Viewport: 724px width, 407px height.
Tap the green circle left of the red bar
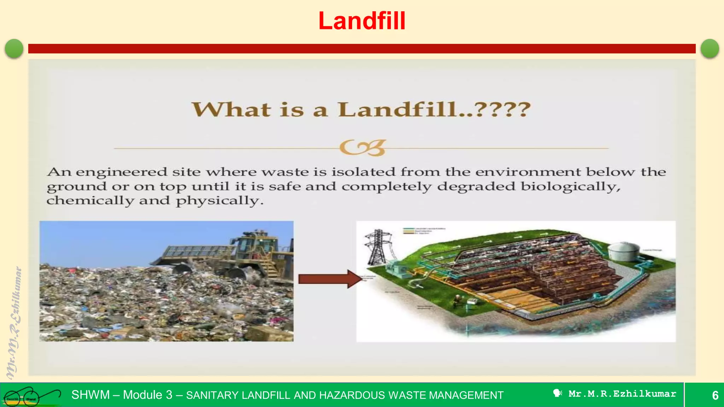14,48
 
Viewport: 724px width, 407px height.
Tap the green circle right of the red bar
710,48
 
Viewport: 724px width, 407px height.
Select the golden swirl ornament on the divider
362,148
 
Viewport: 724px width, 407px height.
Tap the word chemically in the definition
90,201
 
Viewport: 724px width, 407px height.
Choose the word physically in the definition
220,201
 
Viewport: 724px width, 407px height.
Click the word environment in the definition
528,172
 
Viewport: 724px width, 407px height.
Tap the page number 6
715,395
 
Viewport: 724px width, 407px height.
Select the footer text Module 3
147,395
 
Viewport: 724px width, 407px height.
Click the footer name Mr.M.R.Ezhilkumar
622,394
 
